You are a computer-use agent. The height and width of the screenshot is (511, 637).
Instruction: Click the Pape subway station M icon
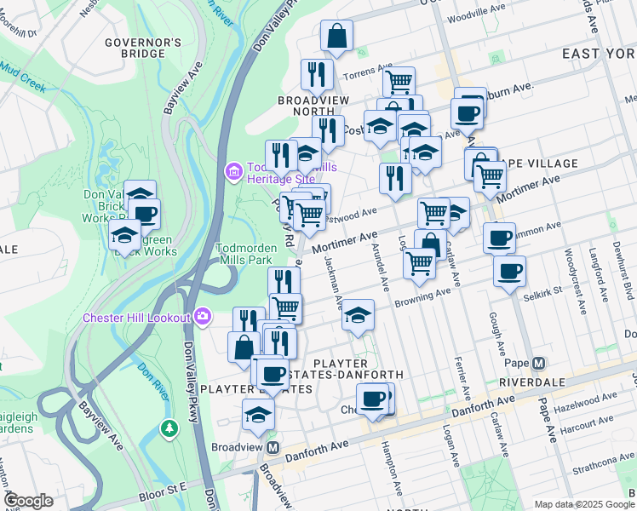[538, 364]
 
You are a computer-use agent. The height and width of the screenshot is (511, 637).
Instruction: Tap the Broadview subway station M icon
[273, 447]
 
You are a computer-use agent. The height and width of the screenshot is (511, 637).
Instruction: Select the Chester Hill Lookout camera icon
[203, 317]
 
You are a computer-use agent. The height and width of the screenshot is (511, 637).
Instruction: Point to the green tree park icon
[169, 426]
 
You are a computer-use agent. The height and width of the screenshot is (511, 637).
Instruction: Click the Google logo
[28, 501]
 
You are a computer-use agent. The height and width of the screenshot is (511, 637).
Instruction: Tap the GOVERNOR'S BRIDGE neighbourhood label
[143, 48]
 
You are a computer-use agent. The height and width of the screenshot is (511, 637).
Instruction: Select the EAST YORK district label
[599, 53]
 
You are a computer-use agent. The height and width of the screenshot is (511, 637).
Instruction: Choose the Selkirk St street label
[544, 290]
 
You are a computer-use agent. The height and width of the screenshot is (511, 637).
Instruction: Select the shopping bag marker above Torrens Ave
[336, 37]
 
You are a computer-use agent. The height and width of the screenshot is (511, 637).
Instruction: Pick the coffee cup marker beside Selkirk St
[509, 272]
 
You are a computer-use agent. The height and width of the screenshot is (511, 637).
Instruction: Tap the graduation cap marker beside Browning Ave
[359, 315]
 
